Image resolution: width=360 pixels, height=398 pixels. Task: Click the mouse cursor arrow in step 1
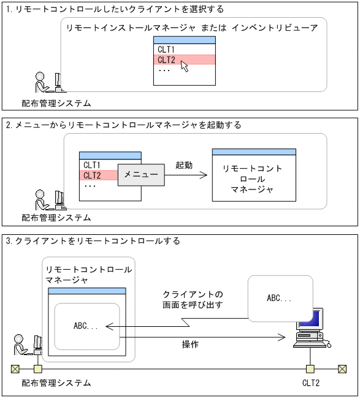coord(185,66)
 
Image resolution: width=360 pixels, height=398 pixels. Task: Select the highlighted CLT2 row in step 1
coord(184,59)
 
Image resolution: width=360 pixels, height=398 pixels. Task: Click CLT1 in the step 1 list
coord(166,50)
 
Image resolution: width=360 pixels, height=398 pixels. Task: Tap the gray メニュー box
coord(142,175)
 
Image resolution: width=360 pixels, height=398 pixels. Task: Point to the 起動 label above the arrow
coord(184,166)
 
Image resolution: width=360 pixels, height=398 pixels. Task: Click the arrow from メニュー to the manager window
coord(186,175)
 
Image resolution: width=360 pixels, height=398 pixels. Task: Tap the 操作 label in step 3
coord(190,345)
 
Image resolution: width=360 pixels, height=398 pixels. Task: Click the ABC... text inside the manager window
coord(86,326)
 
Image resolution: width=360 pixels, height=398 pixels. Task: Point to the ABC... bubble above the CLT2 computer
coord(280,298)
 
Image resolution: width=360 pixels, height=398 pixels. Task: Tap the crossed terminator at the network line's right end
coord(342,369)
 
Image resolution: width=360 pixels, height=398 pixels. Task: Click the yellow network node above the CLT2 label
coord(310,369)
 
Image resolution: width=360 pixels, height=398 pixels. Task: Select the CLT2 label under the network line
coord(310,383)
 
